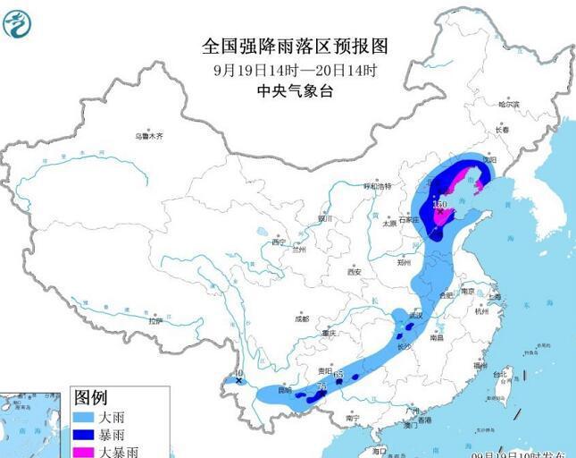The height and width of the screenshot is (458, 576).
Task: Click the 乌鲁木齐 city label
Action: pos(149,137)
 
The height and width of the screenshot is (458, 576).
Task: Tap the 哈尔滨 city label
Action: pos(508,105)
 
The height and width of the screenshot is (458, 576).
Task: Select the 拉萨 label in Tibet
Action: pos(157,319)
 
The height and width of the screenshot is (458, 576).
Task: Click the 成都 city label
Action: pos(301,318)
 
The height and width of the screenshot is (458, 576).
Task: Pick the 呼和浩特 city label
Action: pos(377,186)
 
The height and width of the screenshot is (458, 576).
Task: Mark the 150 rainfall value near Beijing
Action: pos(439,205)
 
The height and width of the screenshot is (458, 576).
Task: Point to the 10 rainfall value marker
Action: pos(237,374)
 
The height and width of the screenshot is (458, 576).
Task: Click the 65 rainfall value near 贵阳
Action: pos(338,374)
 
